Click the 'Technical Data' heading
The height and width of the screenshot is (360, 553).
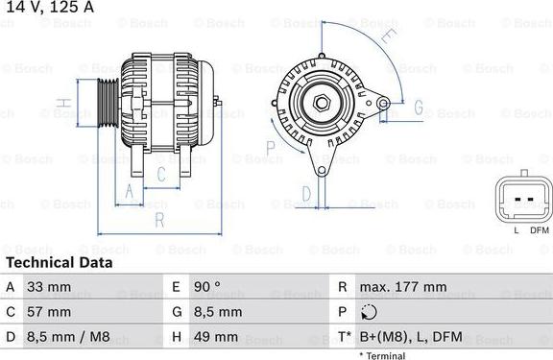(59, 262)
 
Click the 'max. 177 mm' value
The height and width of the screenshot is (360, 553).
(403, 287)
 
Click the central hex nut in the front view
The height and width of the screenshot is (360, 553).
(321, 102)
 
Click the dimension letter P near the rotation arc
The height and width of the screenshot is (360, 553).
(271, 146)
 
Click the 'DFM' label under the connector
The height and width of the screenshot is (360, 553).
(539, 230)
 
